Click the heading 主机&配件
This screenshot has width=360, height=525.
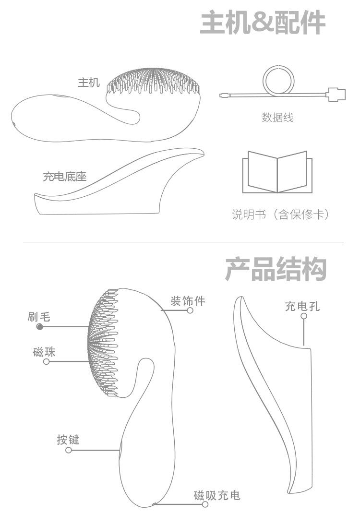tap(262, 23)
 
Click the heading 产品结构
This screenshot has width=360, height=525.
tap(276, 269)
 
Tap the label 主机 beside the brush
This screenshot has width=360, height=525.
tap(89, 83)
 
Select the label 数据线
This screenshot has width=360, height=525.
tap(277, 117)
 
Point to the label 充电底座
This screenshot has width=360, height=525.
tap(65, 177)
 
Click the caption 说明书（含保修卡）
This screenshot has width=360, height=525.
tap(281, 215)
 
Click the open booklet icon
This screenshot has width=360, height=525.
tap(277, 172)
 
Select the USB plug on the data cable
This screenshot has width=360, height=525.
tap(336, 94)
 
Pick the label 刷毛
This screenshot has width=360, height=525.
tap(38, 316)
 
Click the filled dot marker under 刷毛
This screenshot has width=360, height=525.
tap(40, 327)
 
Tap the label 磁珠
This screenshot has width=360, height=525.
tap(44, 352)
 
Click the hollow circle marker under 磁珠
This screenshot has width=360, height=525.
tap(47, 361)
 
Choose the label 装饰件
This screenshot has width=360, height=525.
tap(188, 301)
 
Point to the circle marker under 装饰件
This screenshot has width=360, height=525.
tap(190, 310)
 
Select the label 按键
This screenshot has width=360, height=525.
tap(68, 439)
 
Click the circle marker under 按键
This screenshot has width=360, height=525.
tap(69, 450)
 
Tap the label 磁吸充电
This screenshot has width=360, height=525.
tap(217, 495)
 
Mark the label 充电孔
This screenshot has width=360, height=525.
tap(302, 306)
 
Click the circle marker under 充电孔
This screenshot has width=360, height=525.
tap(303, 316)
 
